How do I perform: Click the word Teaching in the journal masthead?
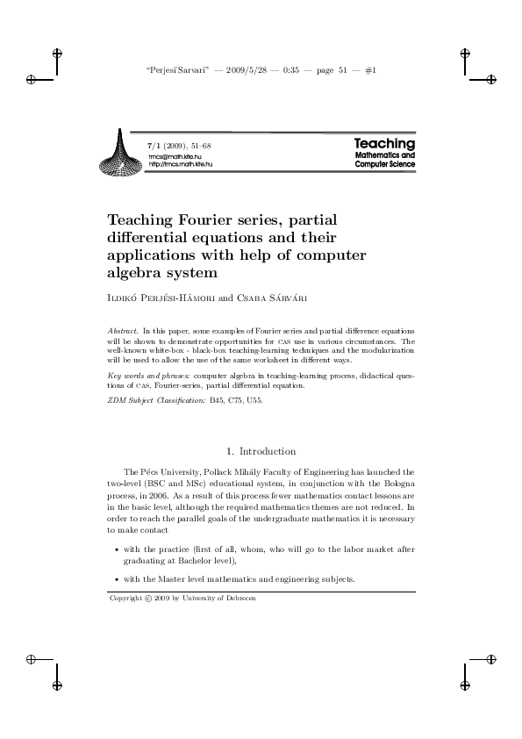coord(384,143)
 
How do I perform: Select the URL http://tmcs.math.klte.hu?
coord(181,164)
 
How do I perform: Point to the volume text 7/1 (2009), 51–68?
coord(179,144)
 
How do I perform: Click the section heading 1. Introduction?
coord(261,451)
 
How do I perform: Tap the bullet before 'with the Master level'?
coord(117,580)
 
